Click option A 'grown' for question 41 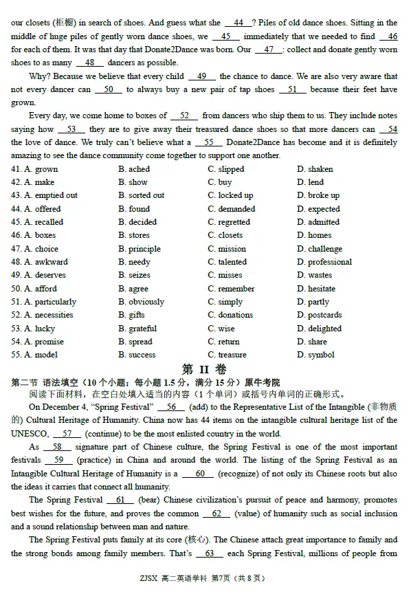point(46,169)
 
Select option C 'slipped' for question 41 point(231,169)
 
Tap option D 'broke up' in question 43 point(323,195)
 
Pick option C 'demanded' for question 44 point(236,209)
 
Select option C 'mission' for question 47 point(232,249)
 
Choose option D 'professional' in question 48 point(329,262)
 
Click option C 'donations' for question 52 point(235,315)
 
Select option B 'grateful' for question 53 point(142,329)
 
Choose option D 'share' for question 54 point(318,342)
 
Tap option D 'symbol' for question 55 point(321,355)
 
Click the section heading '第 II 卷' point(204,369)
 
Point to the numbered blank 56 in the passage point(171,407)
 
